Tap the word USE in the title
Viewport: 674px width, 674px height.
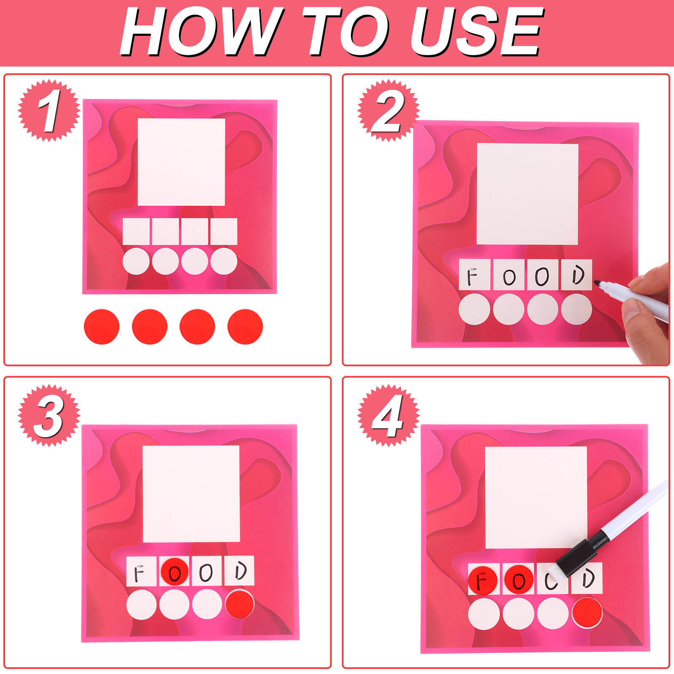(x=476, y=32)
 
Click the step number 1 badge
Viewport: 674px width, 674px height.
(x=49, y=110)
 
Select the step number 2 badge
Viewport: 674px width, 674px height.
(x=388, y=110)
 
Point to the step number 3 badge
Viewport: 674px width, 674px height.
(x=49, y=415)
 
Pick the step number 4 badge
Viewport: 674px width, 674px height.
(x=388, y=415)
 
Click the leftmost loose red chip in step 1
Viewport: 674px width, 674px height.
(x=102, y=326)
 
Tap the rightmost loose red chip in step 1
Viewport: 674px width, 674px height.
(x=245, y=326)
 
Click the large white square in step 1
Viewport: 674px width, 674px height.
(x=182, y=162)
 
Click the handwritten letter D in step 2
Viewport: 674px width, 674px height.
(x=578, y=275)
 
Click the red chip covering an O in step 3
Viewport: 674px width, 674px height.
(x=174, y=572)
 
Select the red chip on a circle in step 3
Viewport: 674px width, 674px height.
(x=240, y=604)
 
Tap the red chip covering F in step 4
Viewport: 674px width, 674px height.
(x=483, y=580)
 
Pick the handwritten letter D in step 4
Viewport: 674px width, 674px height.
(x=588, y=578)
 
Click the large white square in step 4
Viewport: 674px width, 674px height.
(x=536, y=497)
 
